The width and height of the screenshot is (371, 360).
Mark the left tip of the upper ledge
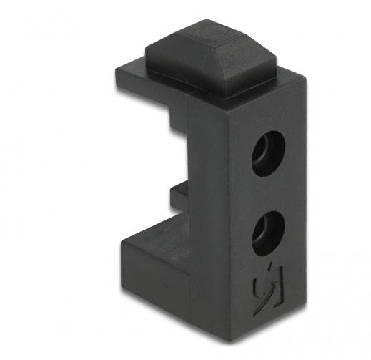114,74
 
